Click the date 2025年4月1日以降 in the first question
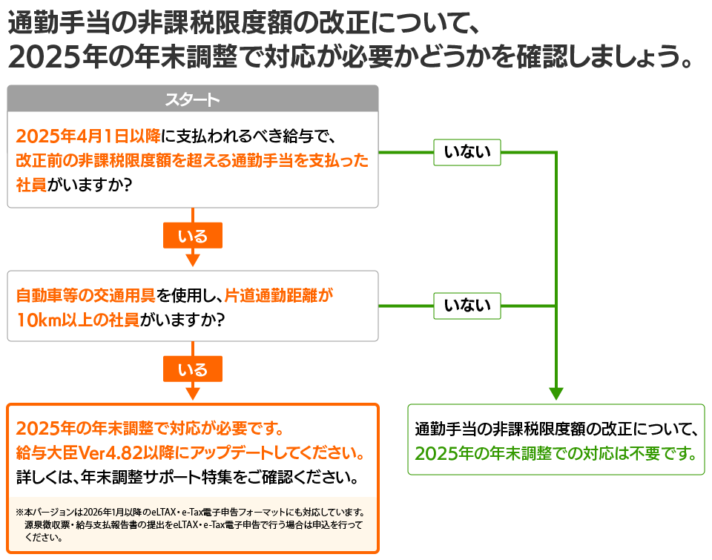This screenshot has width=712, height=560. [x=88, y=136]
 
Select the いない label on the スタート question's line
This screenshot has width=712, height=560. [x=467, y=152]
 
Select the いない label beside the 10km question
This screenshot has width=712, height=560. [x=467, y=305]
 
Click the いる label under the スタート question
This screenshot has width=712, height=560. [x=193, y=237]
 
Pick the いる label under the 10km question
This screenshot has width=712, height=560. [x=193, y=369]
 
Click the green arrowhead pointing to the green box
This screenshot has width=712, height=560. [x=556, y=394]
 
